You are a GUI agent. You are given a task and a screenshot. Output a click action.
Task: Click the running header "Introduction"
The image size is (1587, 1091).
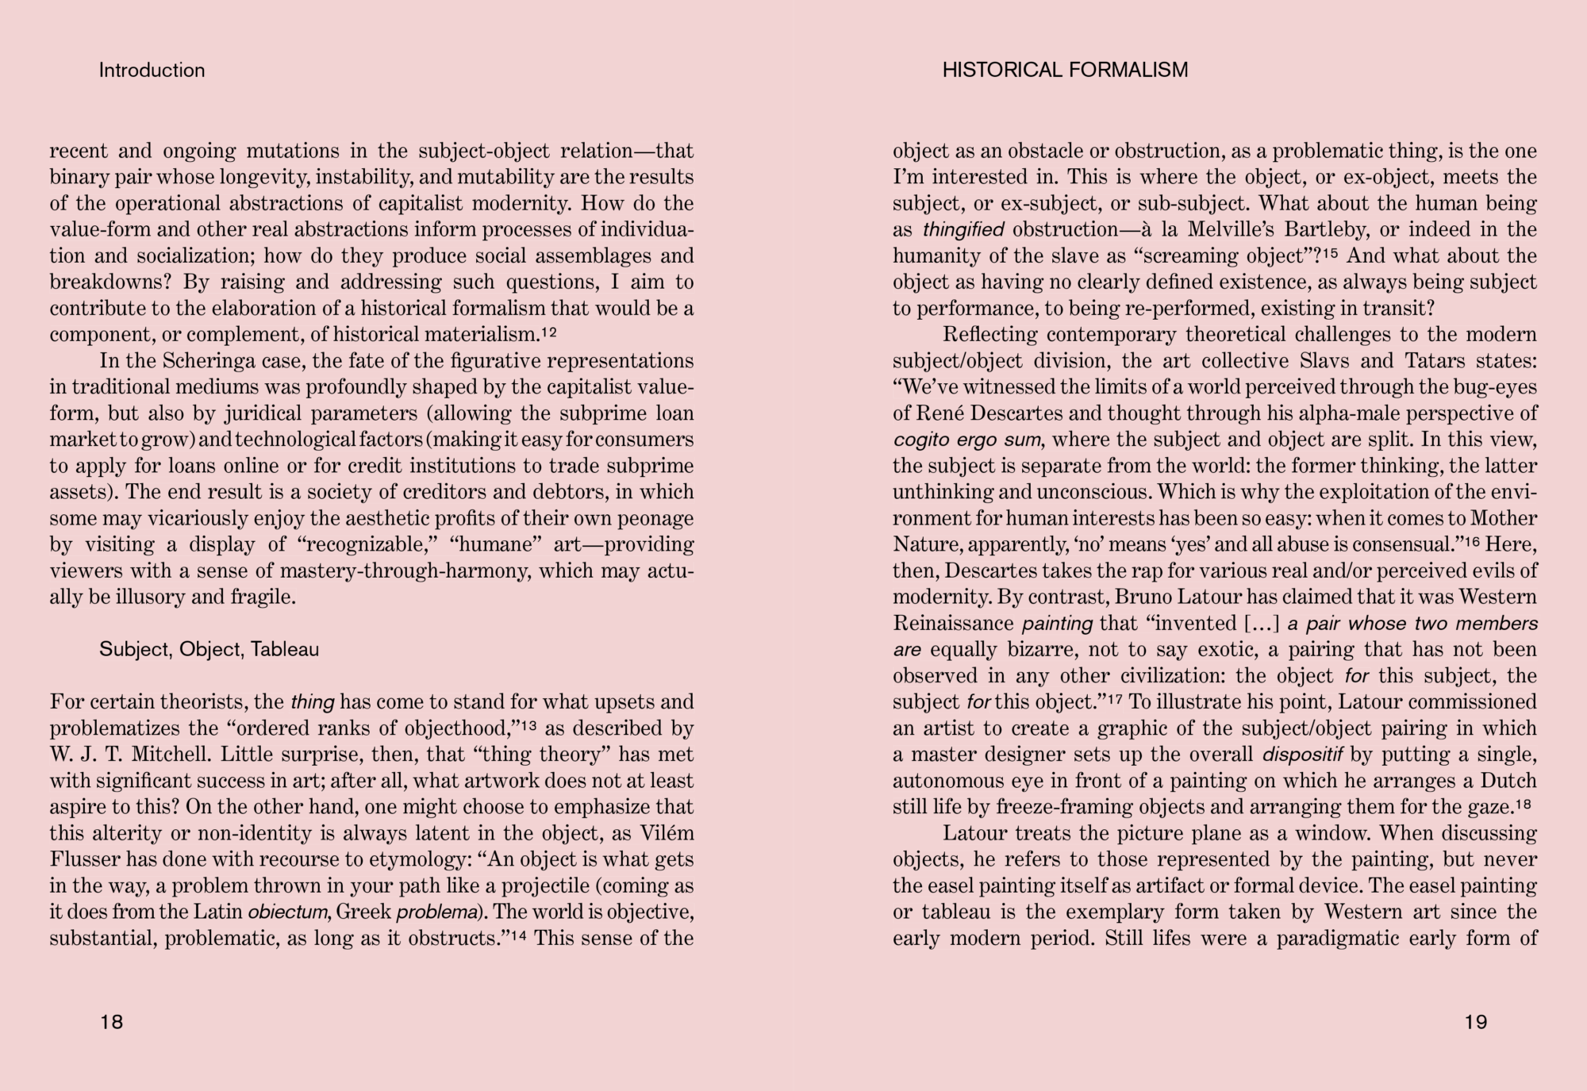(x=152, y=71)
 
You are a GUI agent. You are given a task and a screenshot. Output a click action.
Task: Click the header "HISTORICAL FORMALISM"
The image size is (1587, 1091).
(x=1065, y=71)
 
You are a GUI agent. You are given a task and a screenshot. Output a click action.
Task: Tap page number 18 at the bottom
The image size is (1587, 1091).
(x=112, y=1022)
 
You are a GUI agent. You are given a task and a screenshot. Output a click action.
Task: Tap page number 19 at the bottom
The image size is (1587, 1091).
(x=1475, y=1022)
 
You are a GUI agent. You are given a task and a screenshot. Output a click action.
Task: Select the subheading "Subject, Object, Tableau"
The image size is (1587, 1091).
(x=209, y=650)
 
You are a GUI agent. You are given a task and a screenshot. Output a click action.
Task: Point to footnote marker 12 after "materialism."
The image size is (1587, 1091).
(x=548, y=331)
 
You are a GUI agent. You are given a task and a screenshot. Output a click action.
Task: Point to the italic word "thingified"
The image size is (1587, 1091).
(x=963, y=230)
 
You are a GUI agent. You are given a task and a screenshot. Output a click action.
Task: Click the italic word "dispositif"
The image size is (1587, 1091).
(x=1302, y=755)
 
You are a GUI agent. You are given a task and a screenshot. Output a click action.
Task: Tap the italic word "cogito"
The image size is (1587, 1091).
(x=920, y=440)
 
